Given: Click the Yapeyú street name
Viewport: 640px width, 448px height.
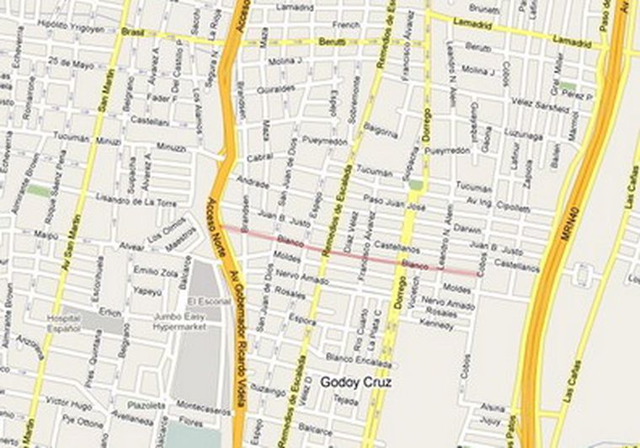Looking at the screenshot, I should click(147, 291).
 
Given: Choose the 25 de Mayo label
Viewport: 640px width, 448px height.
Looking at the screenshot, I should click(69, 61).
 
